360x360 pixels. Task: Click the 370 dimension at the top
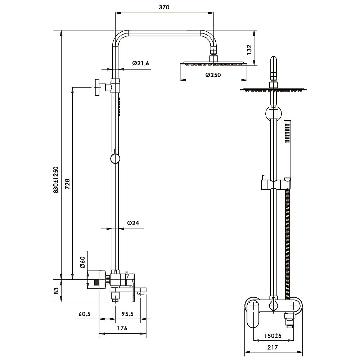click(x=164, y=7)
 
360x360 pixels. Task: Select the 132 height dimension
click(x=249, y=50)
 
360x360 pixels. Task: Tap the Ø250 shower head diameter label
click(x=213, y=75)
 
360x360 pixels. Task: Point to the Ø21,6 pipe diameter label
click(x=140, y=63)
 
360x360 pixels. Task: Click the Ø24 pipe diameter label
click(x=133, y=223)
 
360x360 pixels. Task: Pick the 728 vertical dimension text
click(x=67, y=184)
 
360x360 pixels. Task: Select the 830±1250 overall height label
click(x=56, y=180)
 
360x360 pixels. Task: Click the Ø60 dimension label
click(x=82, y=262)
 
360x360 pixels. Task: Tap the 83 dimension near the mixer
click(x=56, y=291)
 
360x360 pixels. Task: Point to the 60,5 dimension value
click(x=85, y=314)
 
